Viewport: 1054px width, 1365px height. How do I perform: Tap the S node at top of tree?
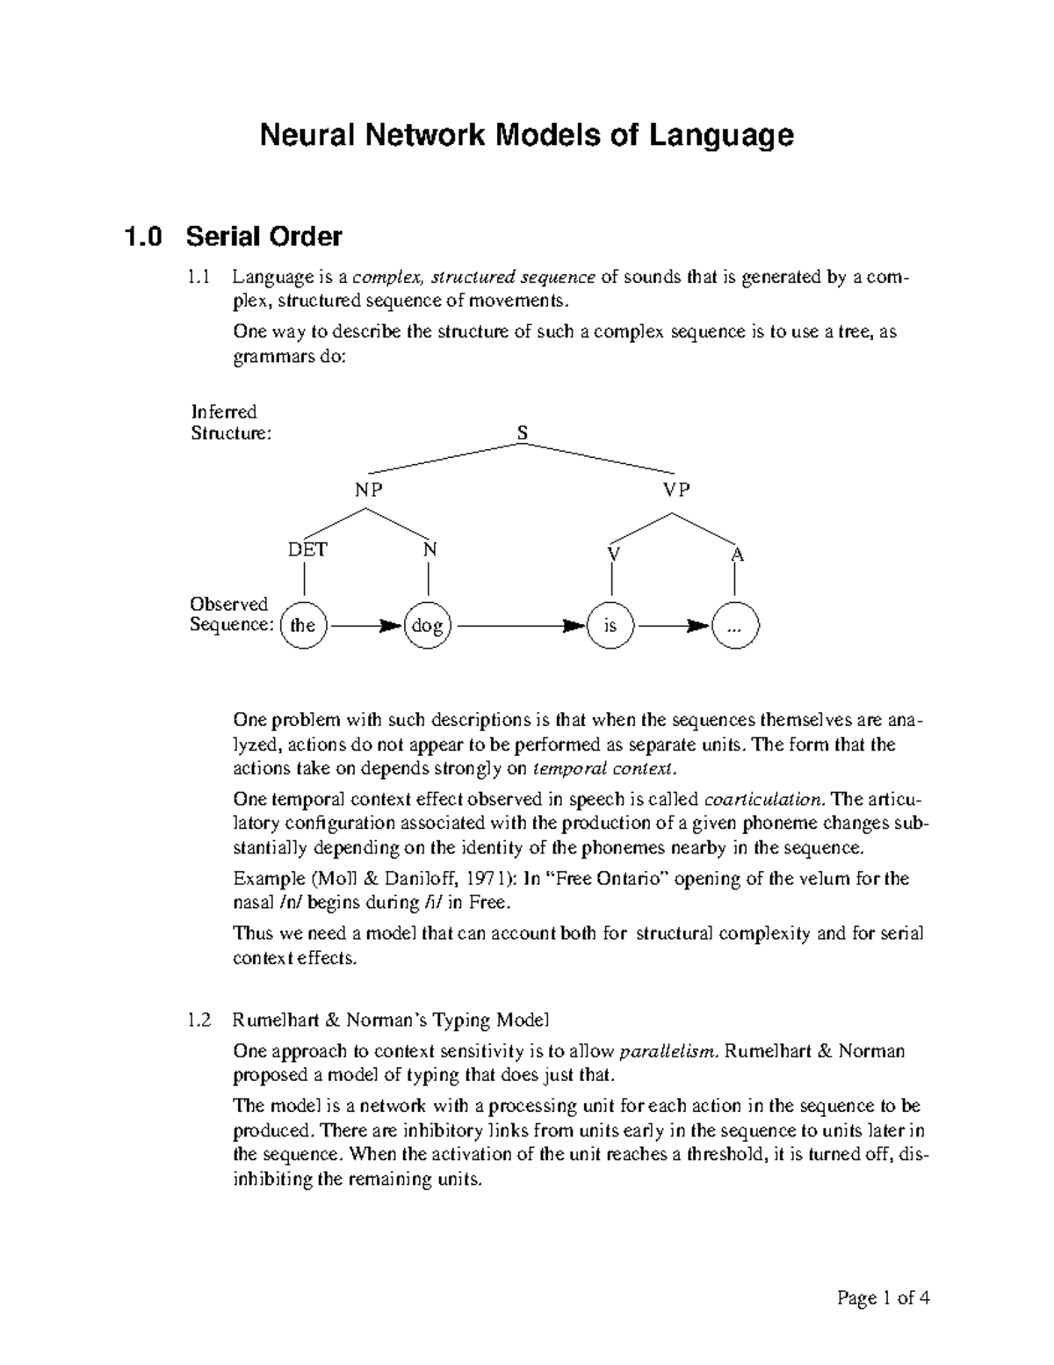pos(523,432)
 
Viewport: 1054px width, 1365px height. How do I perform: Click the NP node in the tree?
pos(369,490)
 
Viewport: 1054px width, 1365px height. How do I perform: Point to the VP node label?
pos(676,490)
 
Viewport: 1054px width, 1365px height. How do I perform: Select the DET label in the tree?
pos(307,550)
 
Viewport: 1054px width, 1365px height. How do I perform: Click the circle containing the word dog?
pos(428,626)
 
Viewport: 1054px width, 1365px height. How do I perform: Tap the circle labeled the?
pos(303,626)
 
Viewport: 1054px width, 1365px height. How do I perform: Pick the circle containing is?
pos(610,626)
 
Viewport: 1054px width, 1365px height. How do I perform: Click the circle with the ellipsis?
pos(735,626)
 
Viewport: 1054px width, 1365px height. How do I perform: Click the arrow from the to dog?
pos(365,627)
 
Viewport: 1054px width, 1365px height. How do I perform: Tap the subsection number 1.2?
pos(199,1020)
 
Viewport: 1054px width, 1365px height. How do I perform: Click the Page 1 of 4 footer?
pos(883,1298)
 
